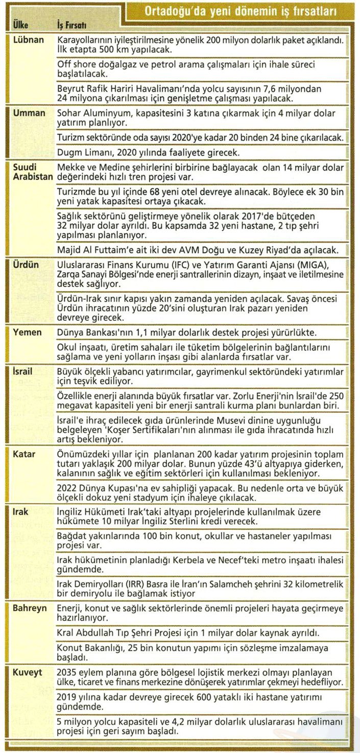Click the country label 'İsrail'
pos(22,371)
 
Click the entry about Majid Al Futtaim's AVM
pos(198,250)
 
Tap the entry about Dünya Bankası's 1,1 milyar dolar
pos(187,332)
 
